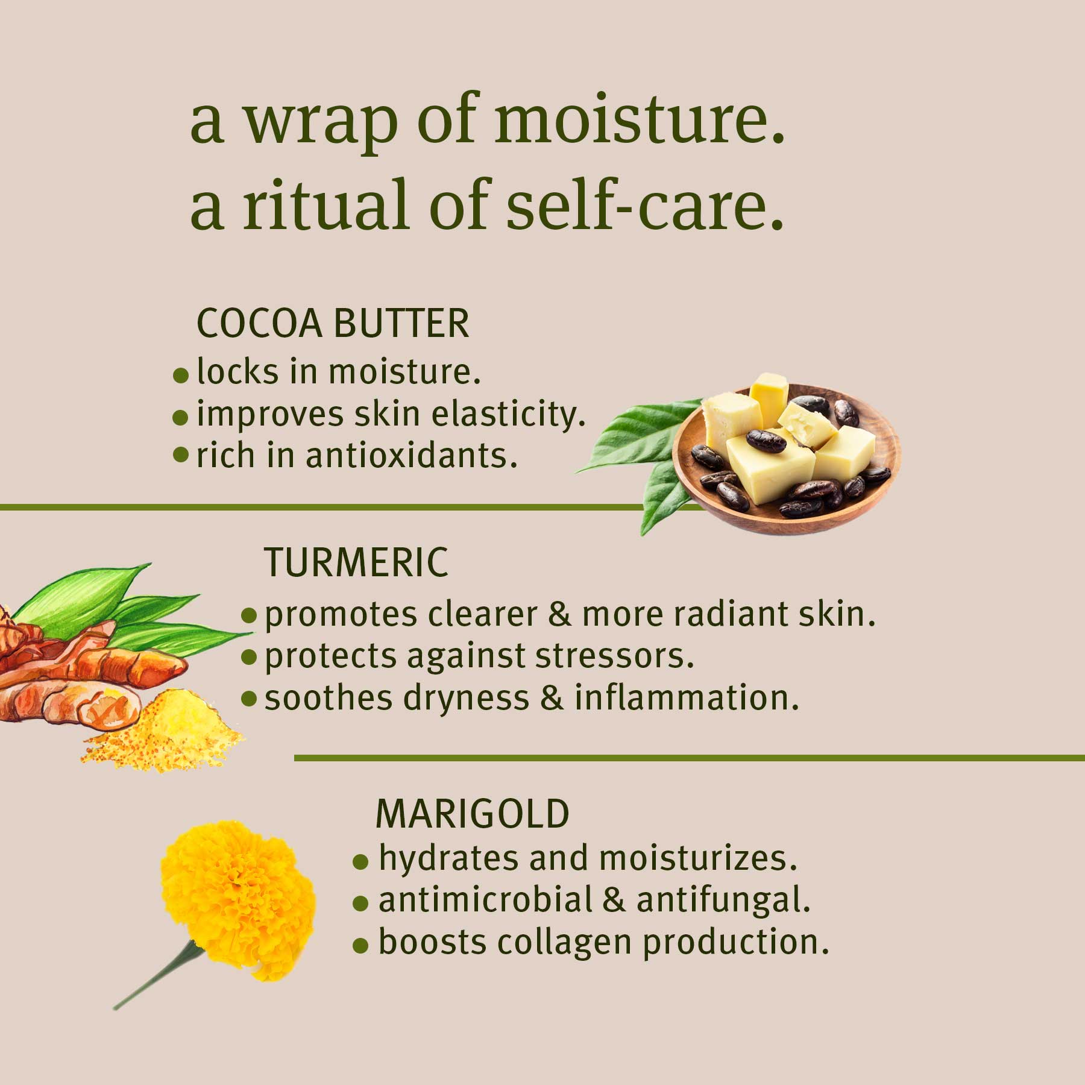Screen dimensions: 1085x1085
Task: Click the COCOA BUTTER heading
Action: point(333,324)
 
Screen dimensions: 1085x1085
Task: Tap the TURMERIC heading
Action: point(356,562)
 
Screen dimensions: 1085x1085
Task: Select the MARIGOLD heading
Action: point(472,814)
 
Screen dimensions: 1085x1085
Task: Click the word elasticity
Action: point(512,415)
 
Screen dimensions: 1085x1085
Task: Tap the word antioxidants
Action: point(411,456)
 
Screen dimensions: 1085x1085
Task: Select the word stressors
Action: point(614,656)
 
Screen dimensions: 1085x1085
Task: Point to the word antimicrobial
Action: point(485,901)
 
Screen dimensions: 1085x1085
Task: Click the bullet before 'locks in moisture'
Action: point(180,376)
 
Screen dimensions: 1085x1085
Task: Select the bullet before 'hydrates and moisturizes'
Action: point(360,863)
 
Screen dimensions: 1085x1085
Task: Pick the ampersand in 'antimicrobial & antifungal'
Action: point(614,901)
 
